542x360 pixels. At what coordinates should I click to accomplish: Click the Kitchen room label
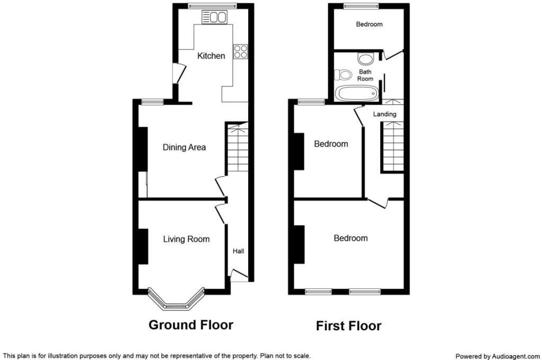[211, 56]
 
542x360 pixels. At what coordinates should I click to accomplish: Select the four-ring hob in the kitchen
[241, 51]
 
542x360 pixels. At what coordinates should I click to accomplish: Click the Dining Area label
[184, 147]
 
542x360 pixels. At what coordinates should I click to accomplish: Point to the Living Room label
[186, 239]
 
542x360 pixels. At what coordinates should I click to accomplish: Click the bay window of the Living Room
[176, 301]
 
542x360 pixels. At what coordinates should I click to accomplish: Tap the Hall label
[238, 251]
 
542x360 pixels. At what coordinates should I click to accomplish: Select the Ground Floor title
[191, 325]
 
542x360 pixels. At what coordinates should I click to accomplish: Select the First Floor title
[348, 326]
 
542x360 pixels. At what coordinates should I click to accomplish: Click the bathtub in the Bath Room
[357, 94]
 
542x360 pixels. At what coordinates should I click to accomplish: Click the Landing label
[384, 114]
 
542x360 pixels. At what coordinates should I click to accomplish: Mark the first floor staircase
[392, 146]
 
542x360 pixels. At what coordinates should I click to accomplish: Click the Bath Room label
[365, 75]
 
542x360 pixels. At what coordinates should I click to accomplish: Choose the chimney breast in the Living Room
[142, 246]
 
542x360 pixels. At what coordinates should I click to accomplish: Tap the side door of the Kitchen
[179, 74]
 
